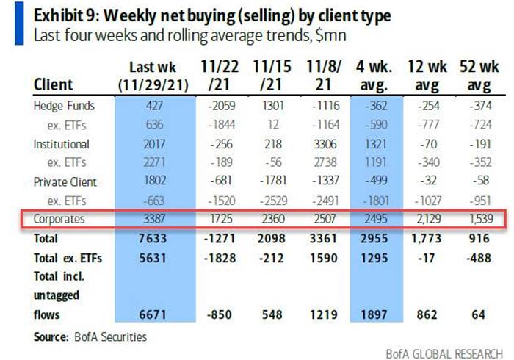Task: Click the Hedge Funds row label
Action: coord(65,107)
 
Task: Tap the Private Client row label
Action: coord(65,181)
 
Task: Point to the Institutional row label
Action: coord(62,144)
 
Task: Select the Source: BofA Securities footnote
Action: coord(90,337)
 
